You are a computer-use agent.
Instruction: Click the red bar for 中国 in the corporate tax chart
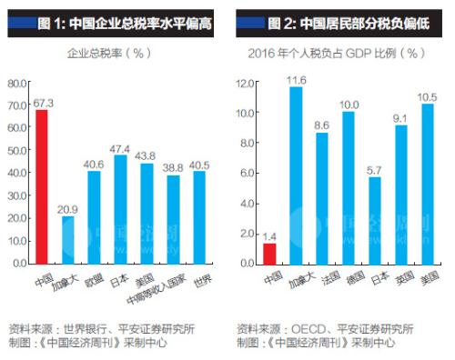(x=41, y=186)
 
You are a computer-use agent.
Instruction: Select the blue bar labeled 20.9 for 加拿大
(x=67, y=239)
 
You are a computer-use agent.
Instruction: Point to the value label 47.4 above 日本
(x=120, y=148)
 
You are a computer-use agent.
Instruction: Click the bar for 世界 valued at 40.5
(x=199, y=216)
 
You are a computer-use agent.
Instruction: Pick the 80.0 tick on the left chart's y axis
(x=17, y=83)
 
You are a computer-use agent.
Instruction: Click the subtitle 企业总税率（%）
(x=108, y=53)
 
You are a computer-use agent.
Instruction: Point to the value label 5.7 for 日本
(x=375, y=168)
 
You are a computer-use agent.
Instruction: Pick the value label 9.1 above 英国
(x=401, y=117)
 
